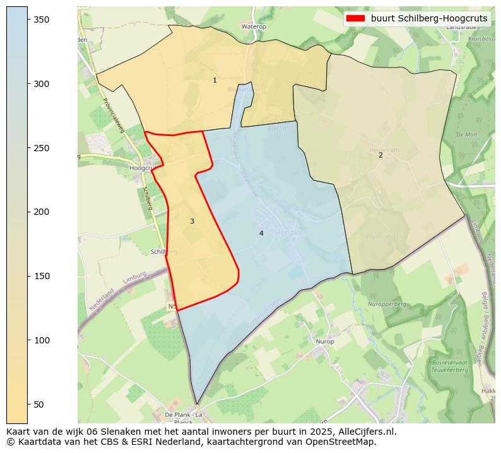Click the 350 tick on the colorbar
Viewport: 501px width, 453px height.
[x=28, y=20]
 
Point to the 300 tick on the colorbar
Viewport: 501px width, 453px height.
[x=28, y=84]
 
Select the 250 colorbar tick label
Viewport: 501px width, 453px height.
[x=42, y=148]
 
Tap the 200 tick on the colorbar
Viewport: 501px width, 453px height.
[x=28, y=212]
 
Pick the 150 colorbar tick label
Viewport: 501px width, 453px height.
[x=42, y=276]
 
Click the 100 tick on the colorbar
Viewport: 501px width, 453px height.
[x=28, y=340]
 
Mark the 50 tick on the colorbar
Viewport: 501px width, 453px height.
[x=28, y=404]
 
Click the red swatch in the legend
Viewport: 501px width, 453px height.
[x=356, y=19]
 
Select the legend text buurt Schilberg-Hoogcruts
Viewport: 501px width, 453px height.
[x=429, y=19]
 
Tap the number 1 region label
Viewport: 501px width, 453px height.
[x=215, y=80]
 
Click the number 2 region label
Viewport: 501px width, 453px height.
[x=380, y=155]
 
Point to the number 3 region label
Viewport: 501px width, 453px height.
[x=192, y=221]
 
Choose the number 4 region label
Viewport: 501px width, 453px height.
[x=261, y=233]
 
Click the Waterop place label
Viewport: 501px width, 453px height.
[x=254, y=27]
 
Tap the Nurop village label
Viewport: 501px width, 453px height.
[x=325, y=341]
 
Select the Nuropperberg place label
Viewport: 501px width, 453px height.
[x=387, y=304]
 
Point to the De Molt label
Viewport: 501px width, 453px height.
[x=466, y=134]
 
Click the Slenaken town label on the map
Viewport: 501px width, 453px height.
[x=291, y=232]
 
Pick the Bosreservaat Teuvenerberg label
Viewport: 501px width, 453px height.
[x=449, y=366]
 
